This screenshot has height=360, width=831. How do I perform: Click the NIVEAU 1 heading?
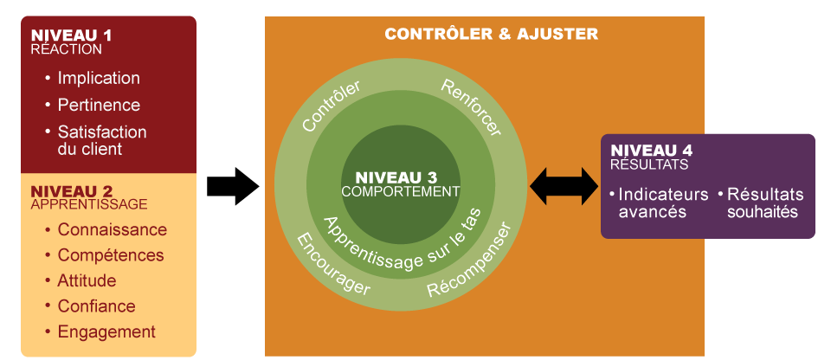click(x=71, y=35)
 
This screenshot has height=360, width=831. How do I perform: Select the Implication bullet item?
click(x=98, y=78)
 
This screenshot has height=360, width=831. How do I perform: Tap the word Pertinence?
click(x=98, y=105)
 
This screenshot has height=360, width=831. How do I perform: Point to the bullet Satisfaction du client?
click(x=101, y=140)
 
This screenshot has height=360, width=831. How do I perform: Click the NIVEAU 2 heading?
click(x=71, y=191)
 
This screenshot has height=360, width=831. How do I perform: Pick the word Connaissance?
click(x=112, y=230)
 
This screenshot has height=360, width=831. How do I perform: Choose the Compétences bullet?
click(x=110, y=255)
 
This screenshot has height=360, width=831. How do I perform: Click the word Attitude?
click(x=87, y=281)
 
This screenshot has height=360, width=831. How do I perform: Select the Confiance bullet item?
click(x=96, y=306)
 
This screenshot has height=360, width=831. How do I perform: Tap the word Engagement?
click(x=106, y=331)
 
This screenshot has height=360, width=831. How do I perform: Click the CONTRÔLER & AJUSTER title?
click(x=491, y=35)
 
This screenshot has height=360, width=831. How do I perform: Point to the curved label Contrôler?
click(x=331, y=106)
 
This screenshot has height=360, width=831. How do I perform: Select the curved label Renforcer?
click(x=471, y=106)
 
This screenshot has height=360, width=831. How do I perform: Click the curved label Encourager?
click(x=332, y=264)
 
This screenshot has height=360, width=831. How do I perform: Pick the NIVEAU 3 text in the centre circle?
click(x=401, y=177)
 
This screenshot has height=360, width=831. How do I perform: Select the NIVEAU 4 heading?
click(x=651, y=150)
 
